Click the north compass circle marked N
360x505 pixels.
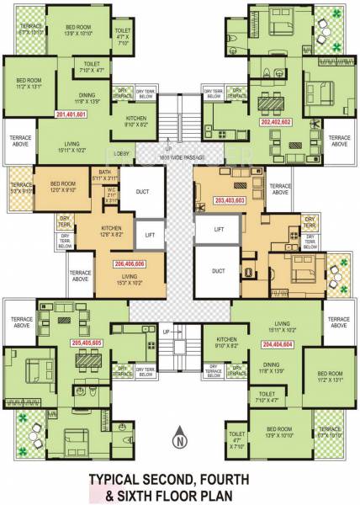178,438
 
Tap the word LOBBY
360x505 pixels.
124,153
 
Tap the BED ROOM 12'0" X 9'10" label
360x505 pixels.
63,186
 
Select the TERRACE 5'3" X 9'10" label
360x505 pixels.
19,188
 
